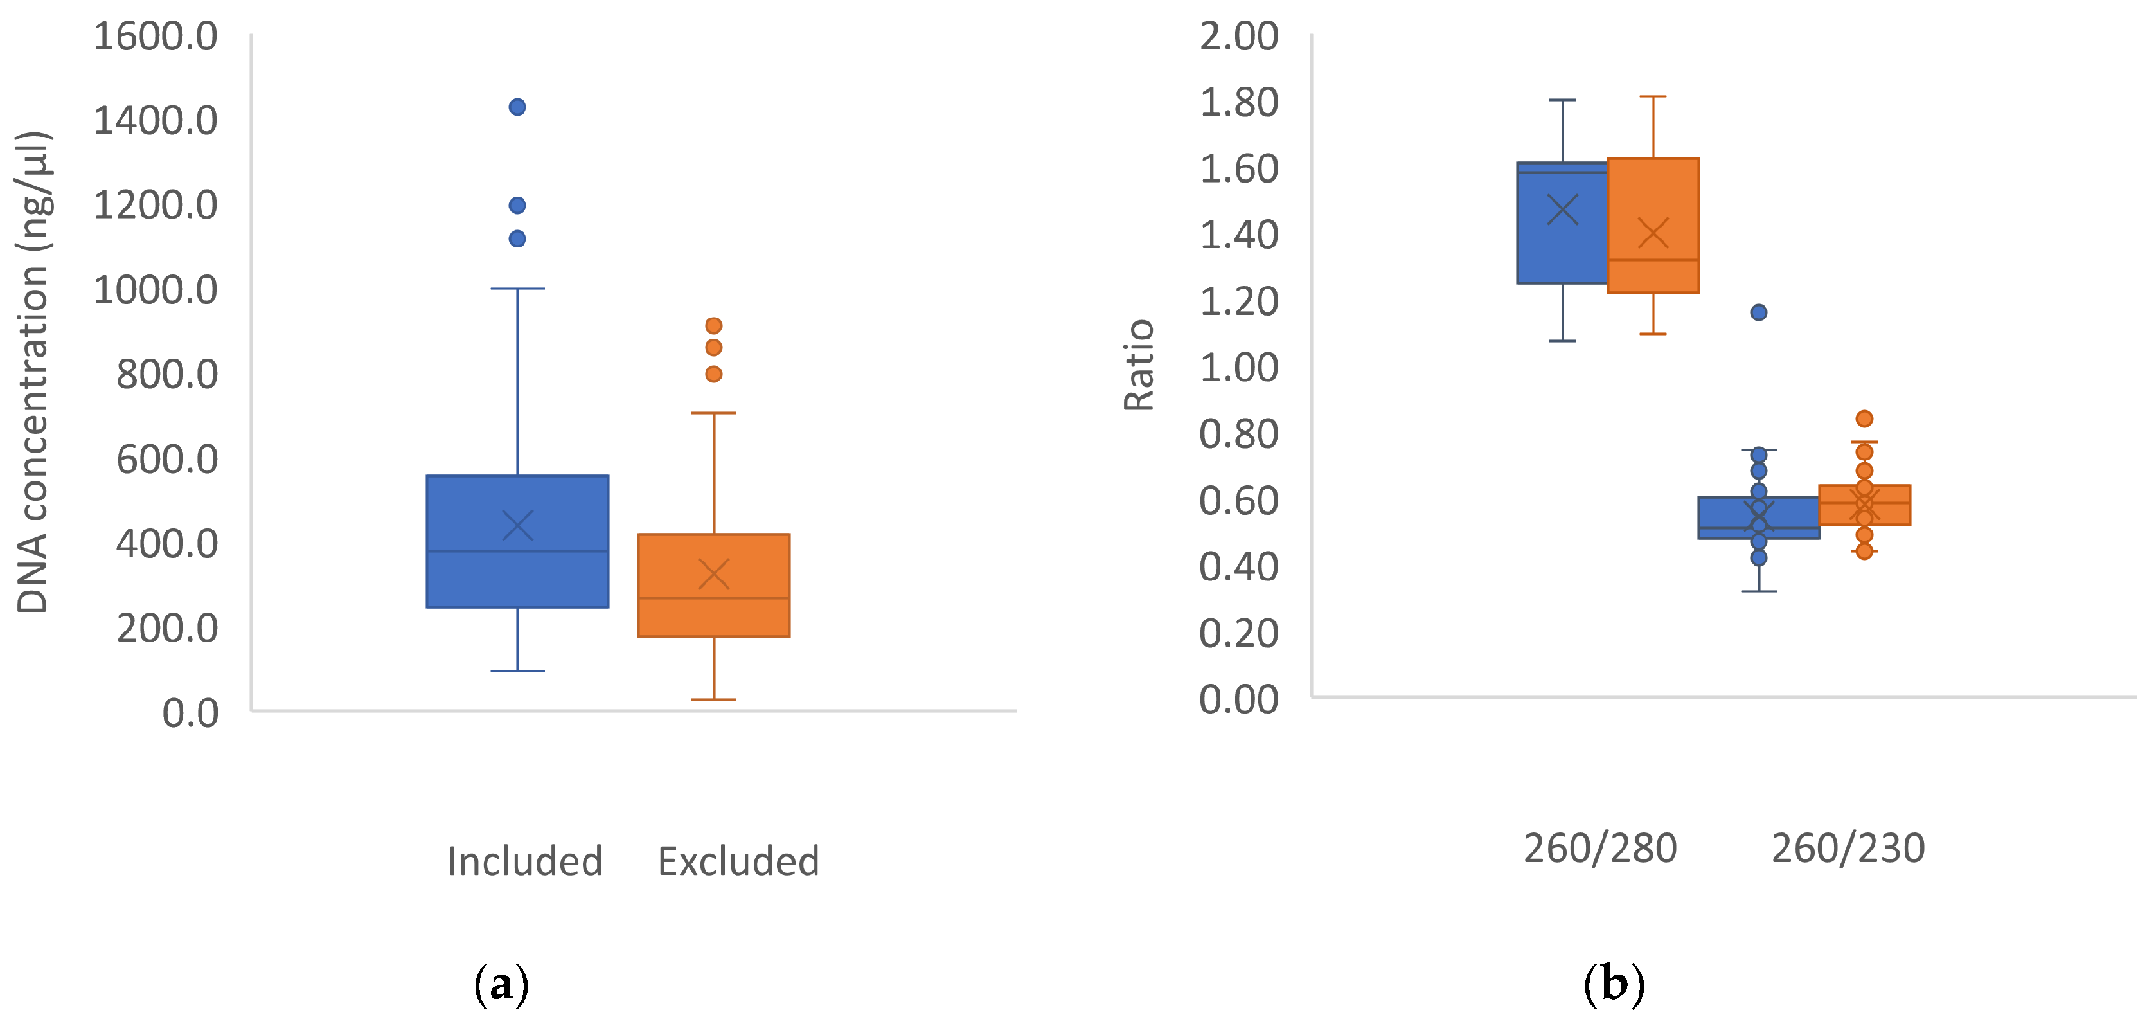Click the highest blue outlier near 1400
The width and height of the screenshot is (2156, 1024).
(517, 107)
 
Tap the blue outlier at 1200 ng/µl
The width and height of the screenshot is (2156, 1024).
(517, 205)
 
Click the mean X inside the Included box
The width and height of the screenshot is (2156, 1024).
(517, 526)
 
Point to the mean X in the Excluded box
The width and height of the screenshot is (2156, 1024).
(713, 575)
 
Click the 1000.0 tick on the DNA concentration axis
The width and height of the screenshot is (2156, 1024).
(156, 291)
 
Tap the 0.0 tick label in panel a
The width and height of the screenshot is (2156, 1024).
(190, 714)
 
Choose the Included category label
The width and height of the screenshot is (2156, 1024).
(525, 861)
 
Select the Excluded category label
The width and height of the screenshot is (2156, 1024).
(738, 861)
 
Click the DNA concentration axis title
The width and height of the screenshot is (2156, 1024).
(33, 373)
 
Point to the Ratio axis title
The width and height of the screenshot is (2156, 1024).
(1138, 365)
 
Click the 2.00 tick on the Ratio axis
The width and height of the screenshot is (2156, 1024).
(1239, 37)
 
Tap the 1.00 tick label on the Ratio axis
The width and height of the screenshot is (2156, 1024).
(1239, 368)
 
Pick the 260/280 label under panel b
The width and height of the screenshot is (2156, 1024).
(1599, 849)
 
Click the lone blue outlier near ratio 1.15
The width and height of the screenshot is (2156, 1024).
(1758, 312)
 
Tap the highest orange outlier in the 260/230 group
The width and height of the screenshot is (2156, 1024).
(1864, 418)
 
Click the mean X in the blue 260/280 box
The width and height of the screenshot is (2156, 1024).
(1562, 210)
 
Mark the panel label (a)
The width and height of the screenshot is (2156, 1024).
(501, 985)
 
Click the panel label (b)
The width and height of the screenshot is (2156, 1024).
(1614, 985)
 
